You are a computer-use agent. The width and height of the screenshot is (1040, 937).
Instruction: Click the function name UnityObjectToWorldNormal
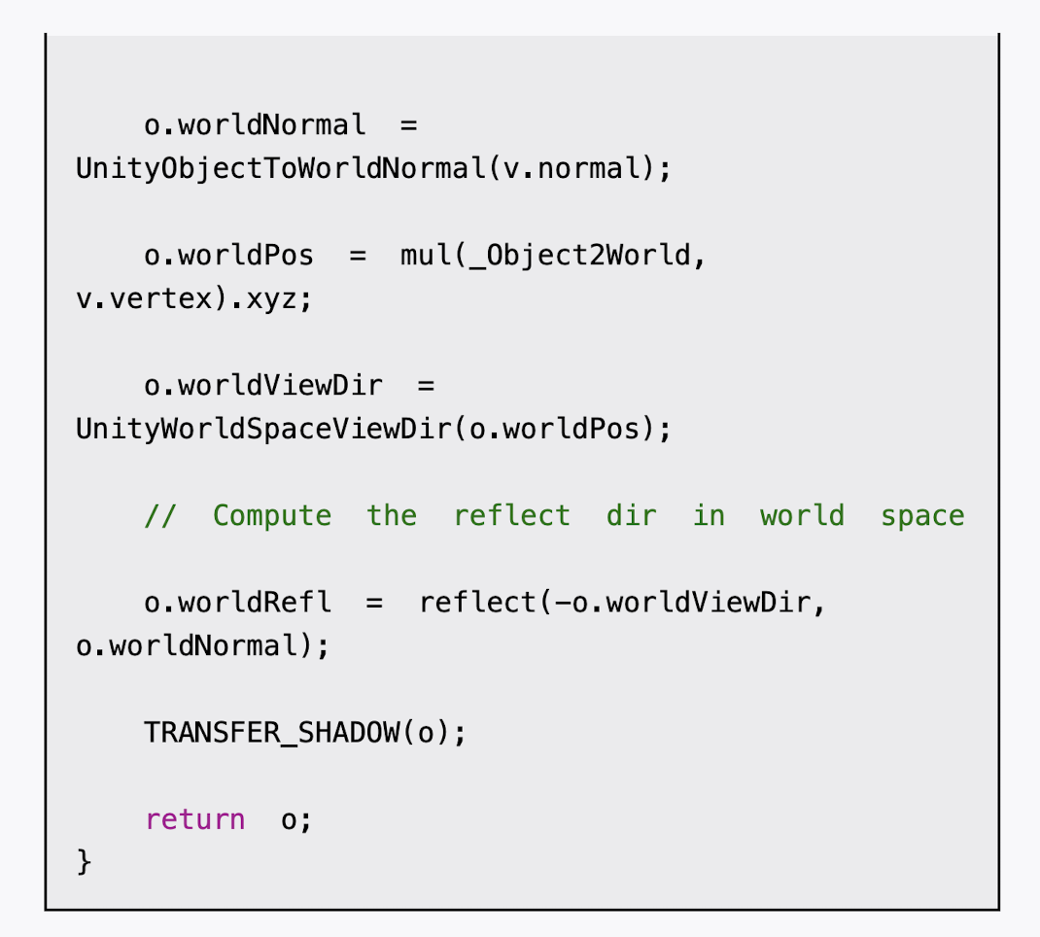[281, 169]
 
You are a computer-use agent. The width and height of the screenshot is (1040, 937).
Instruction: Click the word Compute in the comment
[272, 515]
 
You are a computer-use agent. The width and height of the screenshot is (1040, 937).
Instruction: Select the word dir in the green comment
[632, 515]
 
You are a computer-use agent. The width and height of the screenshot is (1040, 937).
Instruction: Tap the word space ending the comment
[922, 515]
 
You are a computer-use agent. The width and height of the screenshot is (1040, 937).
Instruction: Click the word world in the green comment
[802, 515]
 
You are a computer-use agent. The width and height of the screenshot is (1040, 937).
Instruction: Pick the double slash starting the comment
[160, 515]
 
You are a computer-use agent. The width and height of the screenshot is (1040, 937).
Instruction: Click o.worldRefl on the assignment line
[237, 603]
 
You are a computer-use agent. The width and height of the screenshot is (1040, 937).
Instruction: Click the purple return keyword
[195, 819]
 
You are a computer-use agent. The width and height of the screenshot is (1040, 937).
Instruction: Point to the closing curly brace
[84, 861]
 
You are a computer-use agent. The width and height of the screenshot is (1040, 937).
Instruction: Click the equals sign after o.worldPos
[358, 256]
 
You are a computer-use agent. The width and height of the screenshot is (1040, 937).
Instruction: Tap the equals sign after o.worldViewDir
[426, 386]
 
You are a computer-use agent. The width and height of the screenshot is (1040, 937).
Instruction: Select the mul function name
[426, 256]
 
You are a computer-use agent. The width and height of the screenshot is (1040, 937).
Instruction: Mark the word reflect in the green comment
[511, 515]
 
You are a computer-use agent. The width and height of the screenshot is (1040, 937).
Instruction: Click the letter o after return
[289, 819]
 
